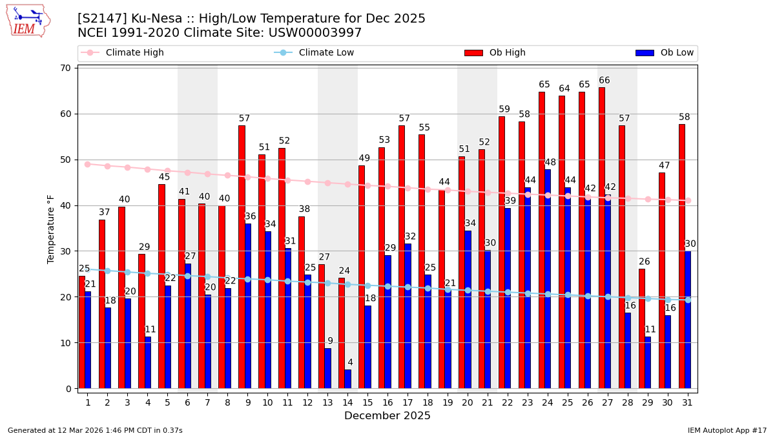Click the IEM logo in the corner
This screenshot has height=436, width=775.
[28, 21]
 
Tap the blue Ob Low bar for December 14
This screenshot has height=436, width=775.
[347, 379]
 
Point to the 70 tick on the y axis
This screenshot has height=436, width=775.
[66, 68]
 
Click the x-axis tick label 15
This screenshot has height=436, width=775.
[367, 402]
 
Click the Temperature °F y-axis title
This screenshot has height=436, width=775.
[52, 229]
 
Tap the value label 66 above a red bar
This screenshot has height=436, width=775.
[604, 81]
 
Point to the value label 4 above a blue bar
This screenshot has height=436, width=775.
[350, 362]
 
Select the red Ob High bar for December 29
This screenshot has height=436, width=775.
[642, 329]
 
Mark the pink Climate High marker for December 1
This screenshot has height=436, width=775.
[87, 164]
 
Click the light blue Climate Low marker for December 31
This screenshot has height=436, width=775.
[688, 300]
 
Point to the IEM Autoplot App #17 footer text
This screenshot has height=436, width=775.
[727, 430]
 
